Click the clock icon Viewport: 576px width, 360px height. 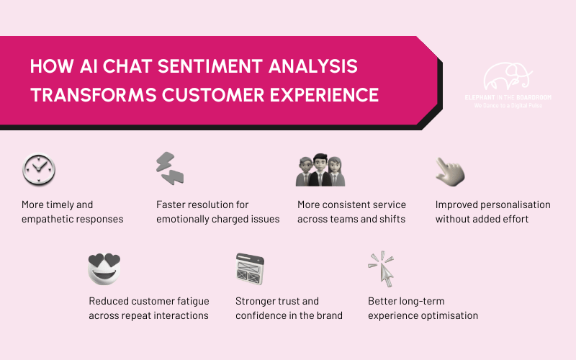(x=38, y=170)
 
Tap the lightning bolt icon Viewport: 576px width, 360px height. (x=171, y=169)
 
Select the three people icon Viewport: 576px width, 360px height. (x=320, y=171)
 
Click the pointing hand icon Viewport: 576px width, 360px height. (x=450, y=170)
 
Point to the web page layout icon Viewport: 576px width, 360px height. (x=251, y=268)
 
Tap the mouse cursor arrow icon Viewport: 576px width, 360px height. (x=382, y=269)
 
